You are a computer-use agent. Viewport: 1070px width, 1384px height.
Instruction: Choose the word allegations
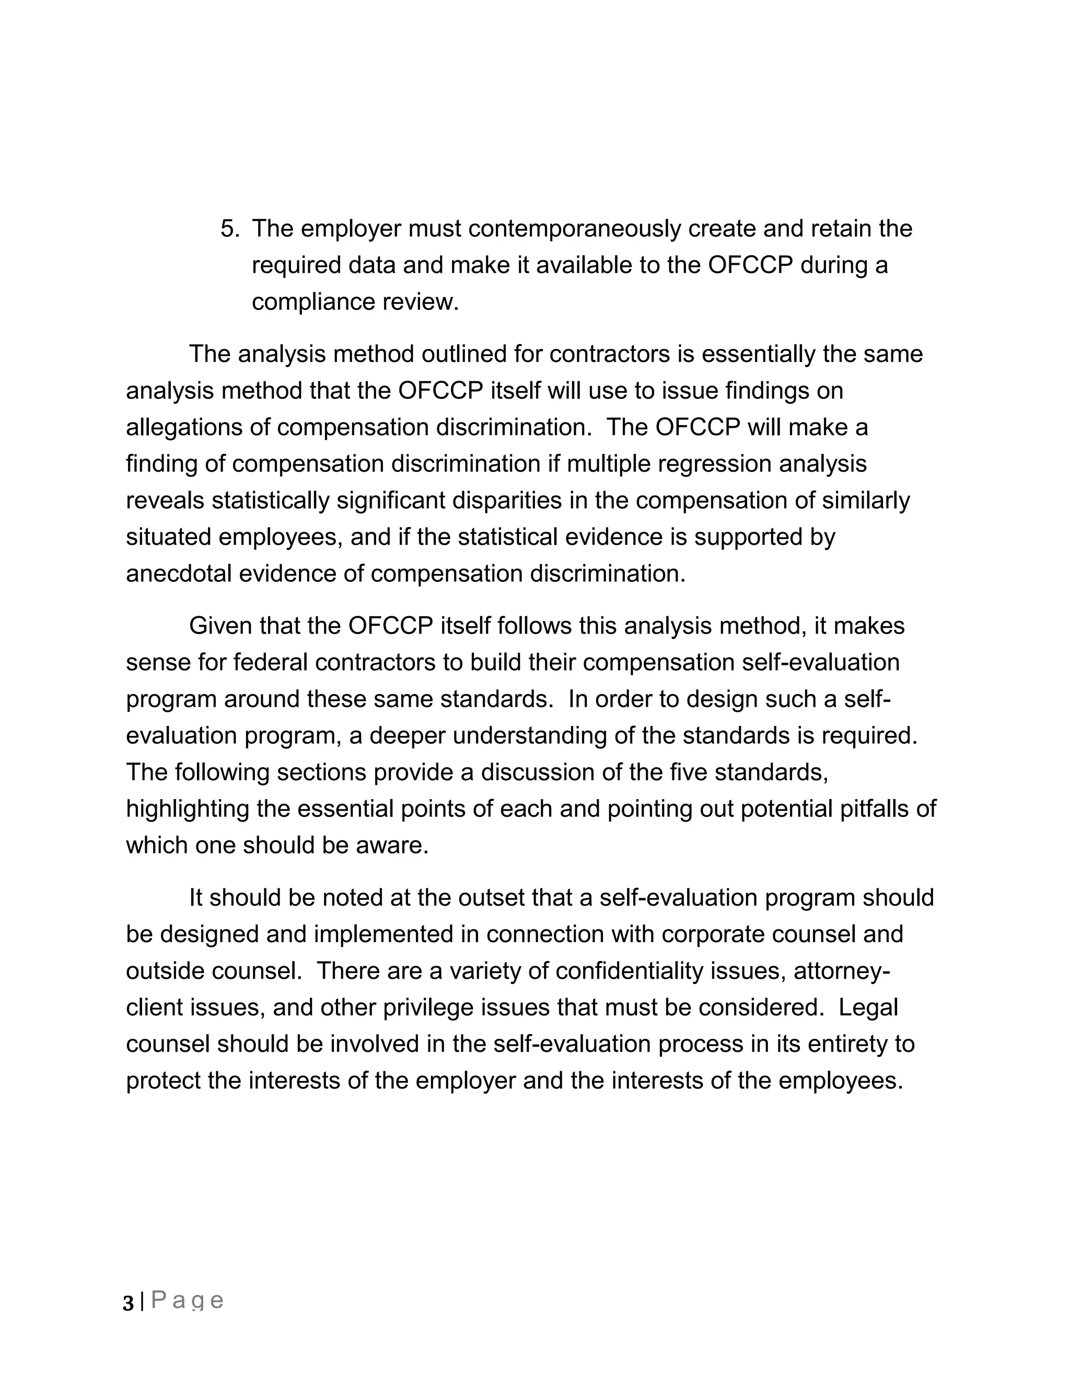(184, 428)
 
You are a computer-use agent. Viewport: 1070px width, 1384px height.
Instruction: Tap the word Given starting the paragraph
(217, 626)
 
